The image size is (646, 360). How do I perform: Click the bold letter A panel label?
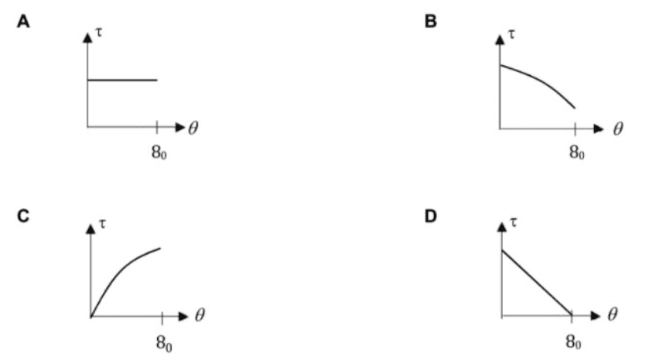(x=23, y=22)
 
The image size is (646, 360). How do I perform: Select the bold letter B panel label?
(x=430, y=22)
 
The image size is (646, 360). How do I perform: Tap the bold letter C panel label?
(x=23, y=216)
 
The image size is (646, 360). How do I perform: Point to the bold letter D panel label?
(x=430, y=216)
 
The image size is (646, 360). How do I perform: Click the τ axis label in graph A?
(x=99, y=33)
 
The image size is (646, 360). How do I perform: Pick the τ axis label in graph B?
(x=511, y=34)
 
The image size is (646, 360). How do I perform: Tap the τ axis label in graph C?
(x=102, y=224)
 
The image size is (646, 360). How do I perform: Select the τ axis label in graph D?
(x=514, y=223)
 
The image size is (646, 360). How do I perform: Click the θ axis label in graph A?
(x=193, y=128)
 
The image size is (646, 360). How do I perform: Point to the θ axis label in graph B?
(x=618, y=129)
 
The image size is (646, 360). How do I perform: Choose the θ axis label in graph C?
(x=200, y=315)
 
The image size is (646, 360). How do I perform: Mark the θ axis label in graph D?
(x=613, y=314)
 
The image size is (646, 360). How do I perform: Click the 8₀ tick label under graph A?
(x=159, y=153)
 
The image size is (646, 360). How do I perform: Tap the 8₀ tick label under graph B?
(x=577, y=153)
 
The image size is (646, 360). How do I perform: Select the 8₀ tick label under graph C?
(x=164, y=343)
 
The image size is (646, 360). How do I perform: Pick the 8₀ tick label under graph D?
(x=573, y=342)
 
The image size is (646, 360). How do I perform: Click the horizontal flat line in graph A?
(x=122, y=80)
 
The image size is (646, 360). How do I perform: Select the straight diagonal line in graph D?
(x=536, y=283)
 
